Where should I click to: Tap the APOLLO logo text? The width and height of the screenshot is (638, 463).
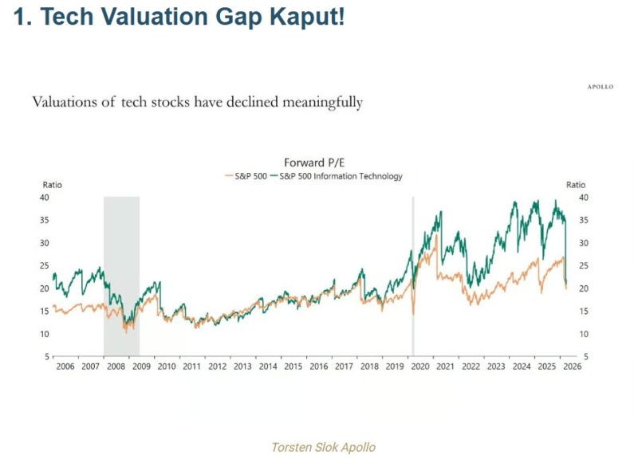pos(601,87)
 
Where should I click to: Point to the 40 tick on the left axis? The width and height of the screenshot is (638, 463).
pos(45,197)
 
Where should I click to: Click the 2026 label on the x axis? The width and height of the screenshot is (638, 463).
pos(572,367)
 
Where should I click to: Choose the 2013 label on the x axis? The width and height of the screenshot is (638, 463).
pos(242,367)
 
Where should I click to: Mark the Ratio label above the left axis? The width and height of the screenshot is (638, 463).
pos(52,185)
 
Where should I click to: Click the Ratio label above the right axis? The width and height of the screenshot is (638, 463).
pos(576,185)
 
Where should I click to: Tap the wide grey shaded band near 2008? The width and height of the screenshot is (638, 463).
pos(121,271)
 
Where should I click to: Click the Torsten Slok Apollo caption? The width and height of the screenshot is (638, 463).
pos(323,447)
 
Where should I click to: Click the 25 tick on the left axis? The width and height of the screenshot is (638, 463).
pos(45,265)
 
